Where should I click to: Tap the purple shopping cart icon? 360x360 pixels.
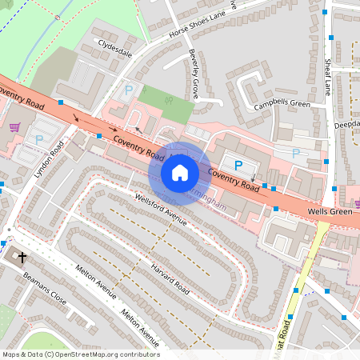click(x=14, y=126)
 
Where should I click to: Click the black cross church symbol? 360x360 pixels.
click(x=22, y=258)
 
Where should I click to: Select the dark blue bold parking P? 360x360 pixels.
click(x=238, y=164)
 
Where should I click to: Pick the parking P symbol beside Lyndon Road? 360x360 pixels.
click(x=39, y=139)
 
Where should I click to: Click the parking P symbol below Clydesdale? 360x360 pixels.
click(x=127, y=90)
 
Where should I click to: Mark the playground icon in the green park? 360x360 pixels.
click(x=168, y=100)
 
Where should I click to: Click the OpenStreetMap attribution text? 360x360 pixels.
click(x=80, y=354)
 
